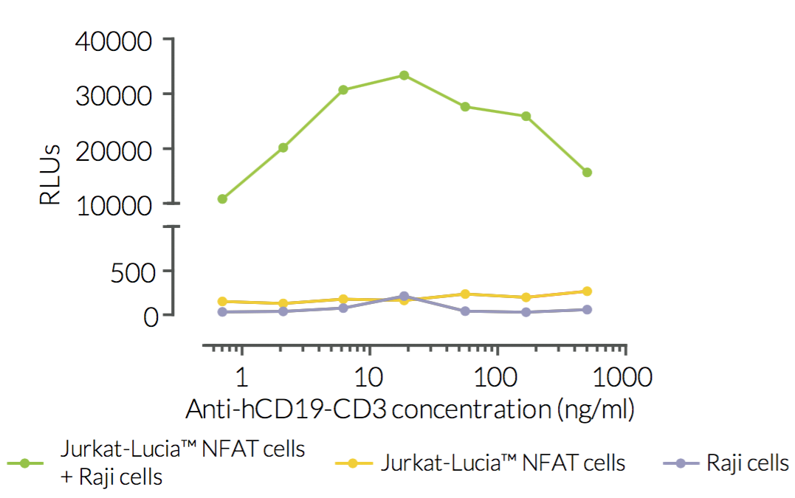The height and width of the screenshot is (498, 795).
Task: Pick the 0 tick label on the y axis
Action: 151,316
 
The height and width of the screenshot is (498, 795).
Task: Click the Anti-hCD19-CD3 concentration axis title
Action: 410,408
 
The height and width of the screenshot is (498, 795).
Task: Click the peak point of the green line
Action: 404,75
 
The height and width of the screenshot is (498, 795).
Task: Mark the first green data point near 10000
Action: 222,198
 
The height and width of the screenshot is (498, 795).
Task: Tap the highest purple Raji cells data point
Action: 404,297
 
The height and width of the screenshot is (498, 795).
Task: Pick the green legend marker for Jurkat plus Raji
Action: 24,463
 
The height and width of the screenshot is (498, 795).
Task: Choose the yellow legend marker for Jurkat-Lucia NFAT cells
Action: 352,463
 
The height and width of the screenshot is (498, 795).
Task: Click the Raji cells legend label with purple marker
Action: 747,463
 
